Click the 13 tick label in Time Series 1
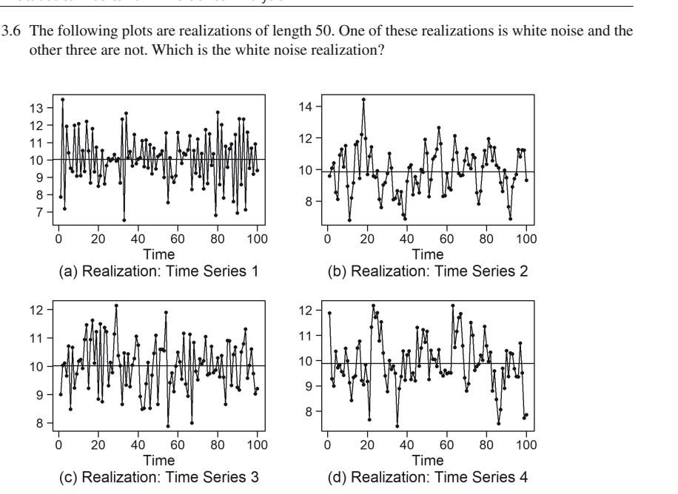point(42,107)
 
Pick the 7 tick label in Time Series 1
point(46,212)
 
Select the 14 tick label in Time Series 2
point(311,106)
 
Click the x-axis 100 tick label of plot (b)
point(526,240)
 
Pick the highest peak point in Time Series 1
point(62,99)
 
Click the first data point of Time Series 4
point(329,313)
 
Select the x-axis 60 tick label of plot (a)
point(178,240)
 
